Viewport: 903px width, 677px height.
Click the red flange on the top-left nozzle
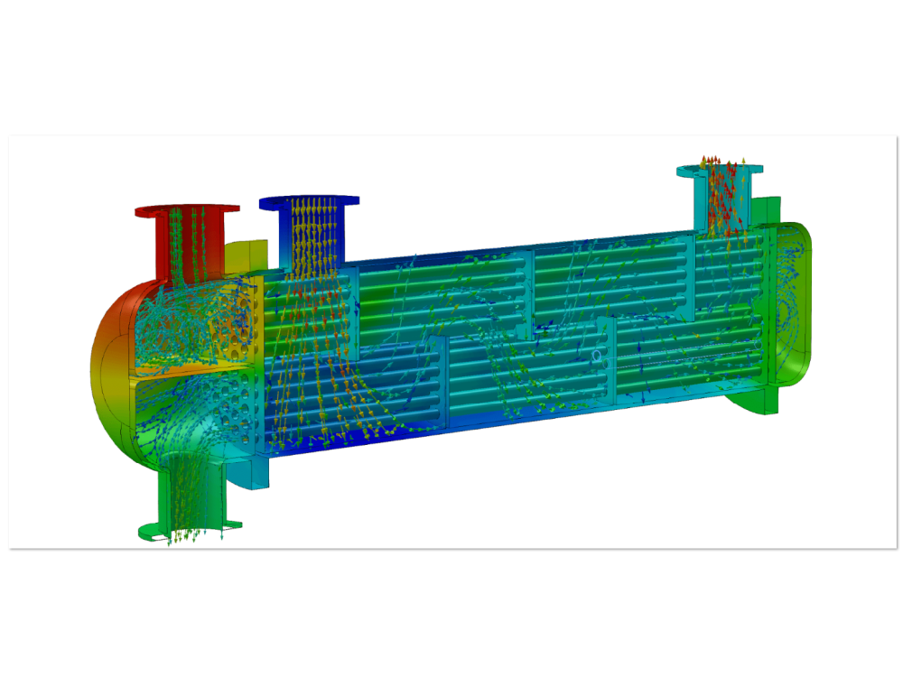[x=144, y=211]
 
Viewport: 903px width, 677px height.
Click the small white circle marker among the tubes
[x=596, y=357]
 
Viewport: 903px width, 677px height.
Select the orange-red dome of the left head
[x=108, y=361]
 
